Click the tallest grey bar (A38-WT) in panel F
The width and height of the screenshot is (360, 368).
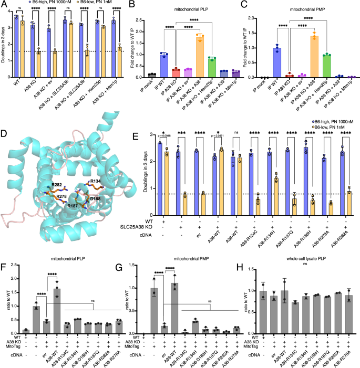(x=57, y=310)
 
